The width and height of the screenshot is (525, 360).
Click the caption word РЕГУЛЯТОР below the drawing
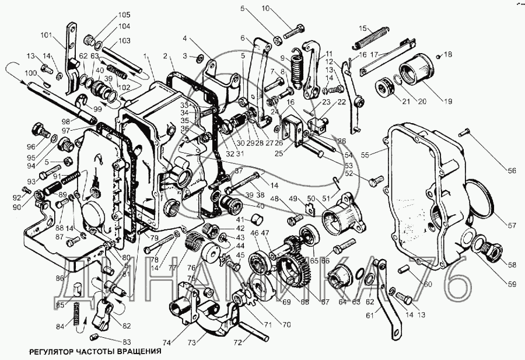point(44,352)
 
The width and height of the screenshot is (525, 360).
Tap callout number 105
point(125,15)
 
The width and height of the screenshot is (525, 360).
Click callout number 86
point(61,278)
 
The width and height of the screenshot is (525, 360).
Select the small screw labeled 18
point(439,55)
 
